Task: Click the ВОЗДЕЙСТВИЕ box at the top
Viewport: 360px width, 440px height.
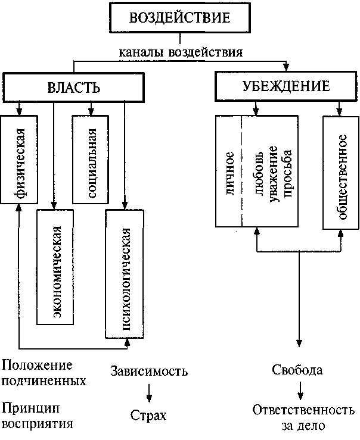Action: click(180, 17)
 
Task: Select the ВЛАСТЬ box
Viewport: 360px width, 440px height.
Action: click(73, 88)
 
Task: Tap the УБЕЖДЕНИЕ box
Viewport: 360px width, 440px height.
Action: click(286, 86)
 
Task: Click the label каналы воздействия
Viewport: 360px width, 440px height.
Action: click(181, 52)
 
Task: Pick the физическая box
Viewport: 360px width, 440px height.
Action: click(19, 160)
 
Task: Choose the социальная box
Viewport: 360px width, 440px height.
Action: click(91, 160)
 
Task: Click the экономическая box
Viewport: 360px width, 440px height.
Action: click(55, 267)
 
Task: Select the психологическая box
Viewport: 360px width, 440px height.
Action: click(124, 274)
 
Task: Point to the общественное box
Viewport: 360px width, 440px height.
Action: click(341, 173)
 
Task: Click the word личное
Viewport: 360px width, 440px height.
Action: click(230, 173)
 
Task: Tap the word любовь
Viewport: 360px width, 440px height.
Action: click(259, 174)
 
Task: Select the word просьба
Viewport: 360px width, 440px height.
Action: click(288, 174)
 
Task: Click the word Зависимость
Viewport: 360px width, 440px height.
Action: click(149, 371)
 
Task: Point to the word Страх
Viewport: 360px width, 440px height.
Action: click(148, 416)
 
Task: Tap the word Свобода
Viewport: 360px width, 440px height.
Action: click(297, 370)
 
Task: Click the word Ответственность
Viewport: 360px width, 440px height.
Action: click(303, 410)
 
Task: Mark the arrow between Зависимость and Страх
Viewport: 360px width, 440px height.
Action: click(150, 393)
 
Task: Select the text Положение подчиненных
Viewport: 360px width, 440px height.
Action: click(44, 373)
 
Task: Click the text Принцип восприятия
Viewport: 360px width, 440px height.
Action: click(38, 416)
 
